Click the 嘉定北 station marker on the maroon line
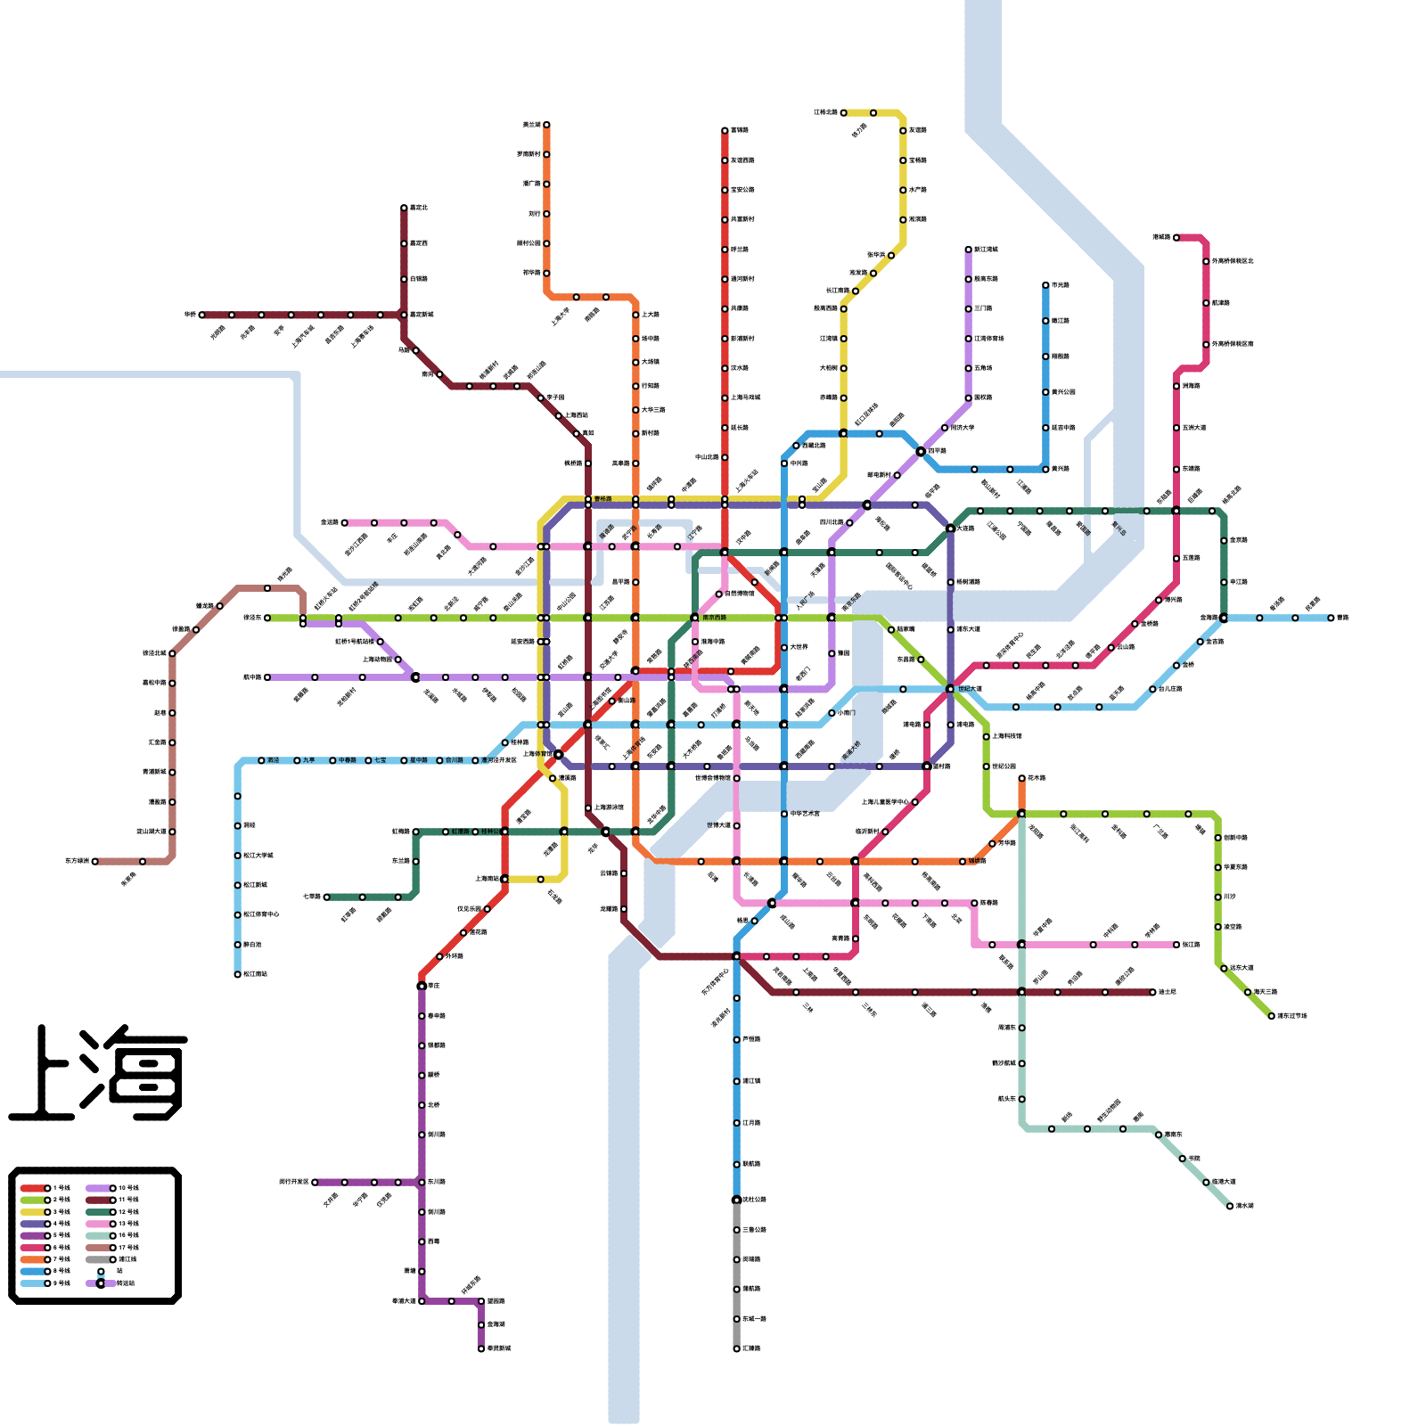click(x=404, y=208)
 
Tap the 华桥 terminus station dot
click(x=202, y=315)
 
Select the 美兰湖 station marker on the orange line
click(x=546, y=125)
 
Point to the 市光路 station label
click(x=1060, y=285)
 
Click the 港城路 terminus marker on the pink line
click(x=1176, y=237)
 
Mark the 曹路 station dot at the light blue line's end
click(x=1331, y=618)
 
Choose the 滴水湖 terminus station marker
click(x=1230, y=1206)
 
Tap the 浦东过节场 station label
click(x=1291, y=1016)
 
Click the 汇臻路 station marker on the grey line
click(x=736, y=1348)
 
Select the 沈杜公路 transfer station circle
click(x=736, y=1200)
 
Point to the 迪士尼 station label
click(x=1167, y=992)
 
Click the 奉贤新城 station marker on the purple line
click(x=481, y=1348)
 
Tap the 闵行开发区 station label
click(x=293, y=1182)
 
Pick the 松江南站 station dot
click(x=238, y=974)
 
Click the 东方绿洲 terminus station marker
click(x=95, y=861)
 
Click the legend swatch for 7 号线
click(x=35, y=1259)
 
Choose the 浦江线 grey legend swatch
click(x=100, y=1259)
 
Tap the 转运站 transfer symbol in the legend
click(x=101, y=1283)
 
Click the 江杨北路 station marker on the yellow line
click(x=843, y=112)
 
